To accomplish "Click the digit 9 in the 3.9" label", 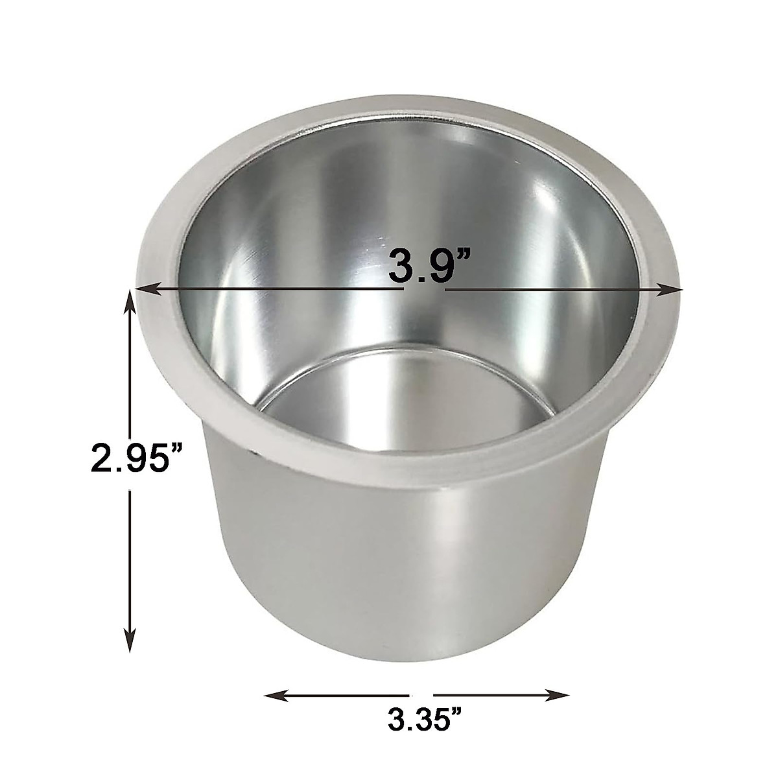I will [432, 265].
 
